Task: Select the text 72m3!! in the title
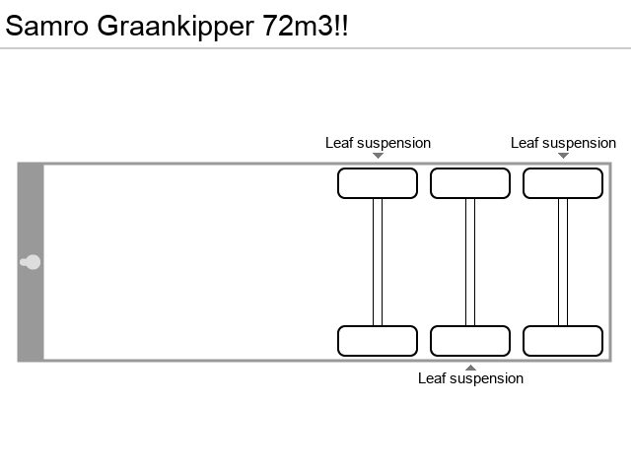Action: coord(306,26)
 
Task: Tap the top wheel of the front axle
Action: coord(378,183)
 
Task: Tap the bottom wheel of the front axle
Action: coord(378,341)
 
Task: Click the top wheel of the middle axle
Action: coord(470,183)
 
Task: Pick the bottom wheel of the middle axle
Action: coord(470,341)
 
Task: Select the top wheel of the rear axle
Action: coord(563,183)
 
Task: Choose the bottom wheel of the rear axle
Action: coord(563,341)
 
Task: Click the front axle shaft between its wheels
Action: coord(378,262)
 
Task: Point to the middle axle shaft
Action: coord(470,262)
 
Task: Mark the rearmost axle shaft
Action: coord(563,262)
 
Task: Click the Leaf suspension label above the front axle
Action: coord(378,143)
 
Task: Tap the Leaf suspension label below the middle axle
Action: coord(470,378)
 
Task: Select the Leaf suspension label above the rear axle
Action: coord(563,143)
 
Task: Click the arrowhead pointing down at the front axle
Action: coord(378,156)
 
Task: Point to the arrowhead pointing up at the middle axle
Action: coord(470,367)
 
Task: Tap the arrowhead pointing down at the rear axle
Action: coord(563,156)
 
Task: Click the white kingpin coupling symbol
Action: coord(32,262)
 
